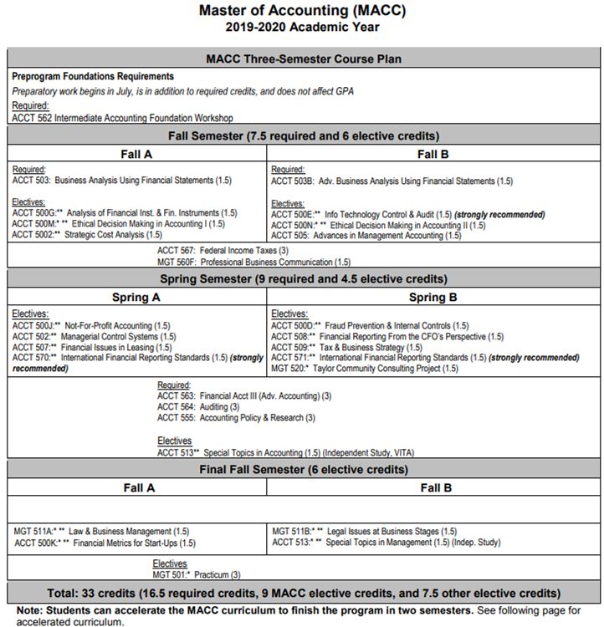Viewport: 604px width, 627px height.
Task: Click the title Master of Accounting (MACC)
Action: click(x=301, y=11)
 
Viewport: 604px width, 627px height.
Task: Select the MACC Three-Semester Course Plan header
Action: click(x=303, y=59)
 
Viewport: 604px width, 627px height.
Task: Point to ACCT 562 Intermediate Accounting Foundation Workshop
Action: click(x=122, y=118)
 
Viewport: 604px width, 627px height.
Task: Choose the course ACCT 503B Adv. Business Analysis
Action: click(x=392, y=181)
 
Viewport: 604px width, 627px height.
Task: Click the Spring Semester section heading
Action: click(x=303, y=278)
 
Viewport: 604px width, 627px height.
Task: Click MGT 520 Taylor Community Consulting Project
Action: click(x=365, y=368)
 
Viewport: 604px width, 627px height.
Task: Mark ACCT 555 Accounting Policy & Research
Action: click(x=236, y=417)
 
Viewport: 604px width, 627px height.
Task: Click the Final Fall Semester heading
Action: click(x=302, y=469)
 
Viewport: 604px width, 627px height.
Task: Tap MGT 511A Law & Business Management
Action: click(x=101, y=531)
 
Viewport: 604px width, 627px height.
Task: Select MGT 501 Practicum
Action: click(x=197, y=574)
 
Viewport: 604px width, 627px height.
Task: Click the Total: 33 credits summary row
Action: click(x=302, y=594)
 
